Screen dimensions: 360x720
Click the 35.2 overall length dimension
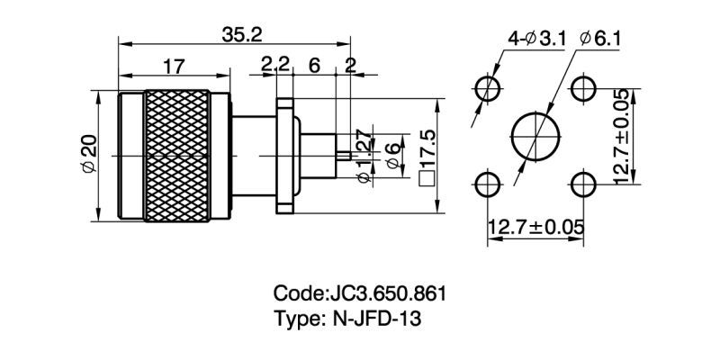(240, 33)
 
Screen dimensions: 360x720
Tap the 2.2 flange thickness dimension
(274, 65)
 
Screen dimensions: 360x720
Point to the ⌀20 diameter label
(88, 154)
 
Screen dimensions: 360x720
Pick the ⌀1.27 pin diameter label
(363, 156)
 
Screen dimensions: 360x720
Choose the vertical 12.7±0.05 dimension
(621, 136)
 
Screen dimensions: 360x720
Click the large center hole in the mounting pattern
(535, 137)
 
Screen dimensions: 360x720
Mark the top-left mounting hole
(489, 88)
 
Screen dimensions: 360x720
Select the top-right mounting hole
(584, 88)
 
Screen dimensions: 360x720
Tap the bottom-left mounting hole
(489, 184)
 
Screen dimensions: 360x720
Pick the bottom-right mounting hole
(584, 184)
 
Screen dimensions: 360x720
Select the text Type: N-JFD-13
(347, 319)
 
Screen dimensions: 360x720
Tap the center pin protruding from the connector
(341, 156)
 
